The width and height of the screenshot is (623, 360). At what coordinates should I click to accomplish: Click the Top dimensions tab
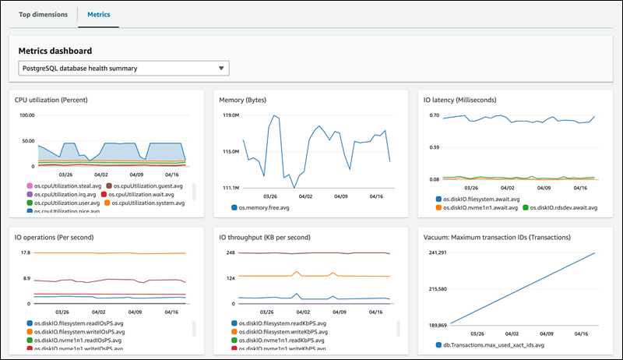click(43, 15)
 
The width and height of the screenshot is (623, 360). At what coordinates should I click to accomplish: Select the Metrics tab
click(98, 15)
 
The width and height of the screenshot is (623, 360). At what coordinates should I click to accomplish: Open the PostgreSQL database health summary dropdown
click(124, 69)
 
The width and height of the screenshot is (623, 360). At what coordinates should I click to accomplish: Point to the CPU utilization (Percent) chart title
click(62, 100)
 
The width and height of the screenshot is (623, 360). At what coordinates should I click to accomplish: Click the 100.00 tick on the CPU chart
click(26, 115)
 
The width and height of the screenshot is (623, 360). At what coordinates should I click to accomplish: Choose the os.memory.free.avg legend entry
click(269, 207)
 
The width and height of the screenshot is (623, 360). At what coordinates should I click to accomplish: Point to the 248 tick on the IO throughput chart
click(231, 252)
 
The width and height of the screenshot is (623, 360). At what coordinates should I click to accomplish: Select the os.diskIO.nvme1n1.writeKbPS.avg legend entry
click(289, 349)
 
